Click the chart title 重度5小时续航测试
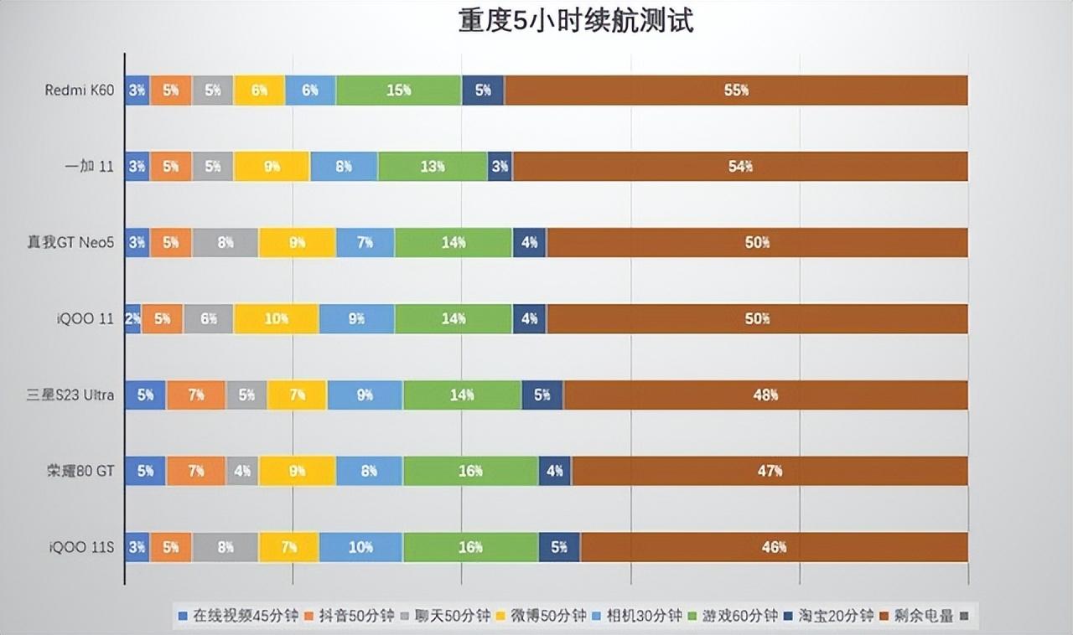point(576,21)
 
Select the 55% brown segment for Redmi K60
point(736,90)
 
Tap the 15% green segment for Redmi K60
point(399,90)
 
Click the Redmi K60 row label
point(79,90)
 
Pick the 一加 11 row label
point(89,167)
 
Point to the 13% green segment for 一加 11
point(433,167)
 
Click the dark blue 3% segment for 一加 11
point(500,167)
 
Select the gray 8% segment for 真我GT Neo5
point(225,243)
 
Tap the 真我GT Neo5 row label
point(70,243)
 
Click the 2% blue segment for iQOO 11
point(132,319)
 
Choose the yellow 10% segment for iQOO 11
point(276,319)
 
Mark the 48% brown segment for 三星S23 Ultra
point(765,395)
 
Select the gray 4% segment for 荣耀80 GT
point(242,472)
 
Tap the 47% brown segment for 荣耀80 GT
point(770,472)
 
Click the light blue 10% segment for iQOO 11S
point(360,548)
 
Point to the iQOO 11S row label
point(80,548)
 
